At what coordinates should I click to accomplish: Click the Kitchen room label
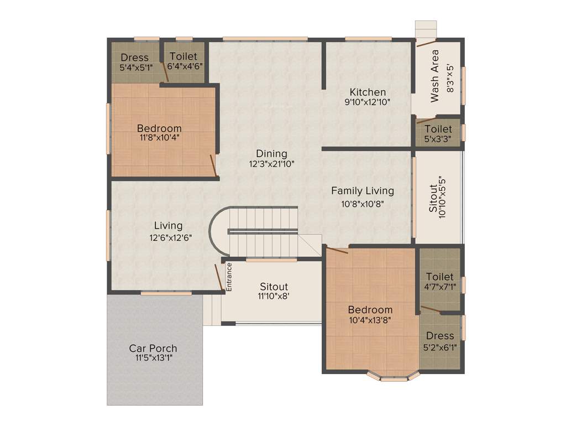pyautogui.click(x=368, y=92)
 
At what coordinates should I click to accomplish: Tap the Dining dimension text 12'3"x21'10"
pyautogui.click(x=271, y=164)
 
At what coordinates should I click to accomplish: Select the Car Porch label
pyautogui.click(x=153, y=348)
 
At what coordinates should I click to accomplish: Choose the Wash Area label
pyautogui.click(x=435, y=76)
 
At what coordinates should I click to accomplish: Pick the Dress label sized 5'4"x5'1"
pyautogui.click(x=135, y=58)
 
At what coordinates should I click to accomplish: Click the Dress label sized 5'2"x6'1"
pyautogui.click(x=440, y=336)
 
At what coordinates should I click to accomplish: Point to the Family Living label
pyautogui.click(x=363, y=191)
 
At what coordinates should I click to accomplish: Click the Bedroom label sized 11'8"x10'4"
pyautogui.click(x=159, y=128)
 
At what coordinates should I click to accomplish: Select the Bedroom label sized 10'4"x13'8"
pyautogui.click(x=370, y=310)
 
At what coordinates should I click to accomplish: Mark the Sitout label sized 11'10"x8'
pyautogui.click(x=274, y=287)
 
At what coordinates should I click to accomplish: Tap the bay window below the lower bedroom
pyautogui.click(x=394, y=377)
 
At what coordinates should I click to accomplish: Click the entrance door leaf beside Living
pyautogui.click(x=219, y=277)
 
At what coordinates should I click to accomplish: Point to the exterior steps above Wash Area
pyautogui.click(x=426, y=29)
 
